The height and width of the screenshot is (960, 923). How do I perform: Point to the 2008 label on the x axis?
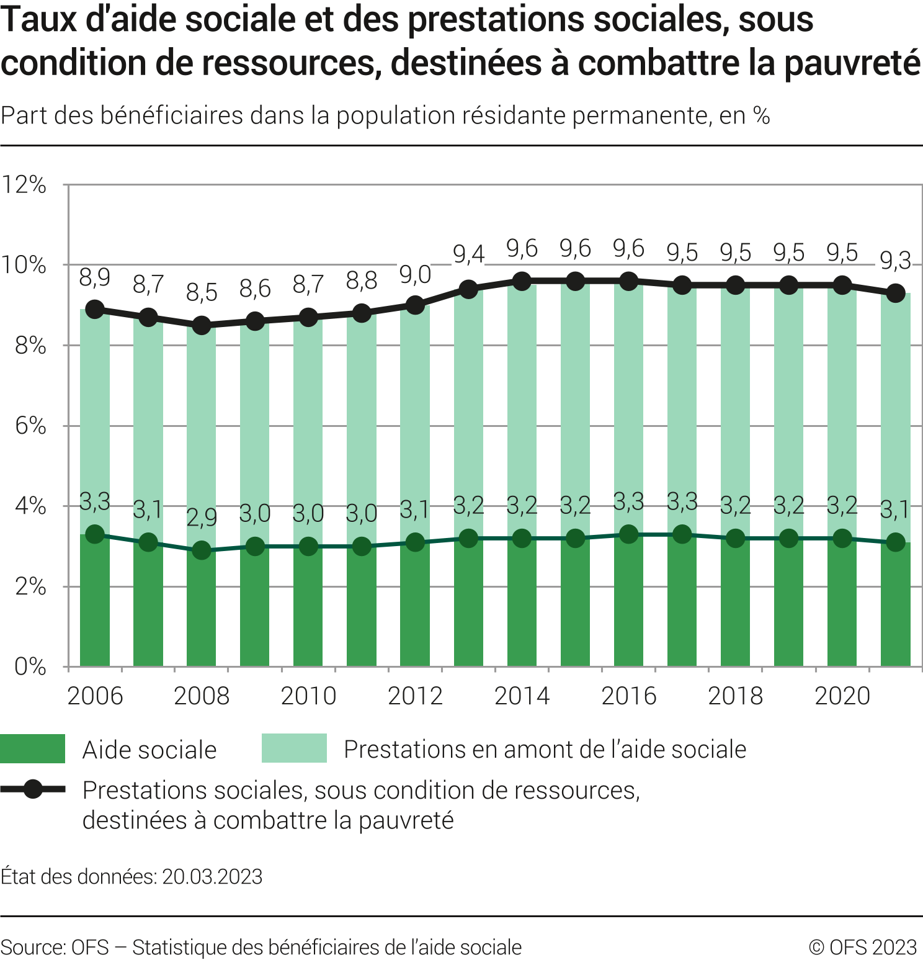[x=202, y=696]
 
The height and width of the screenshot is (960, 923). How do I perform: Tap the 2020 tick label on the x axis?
[x=842, y=696]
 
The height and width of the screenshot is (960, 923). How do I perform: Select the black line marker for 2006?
[x=95, y=309]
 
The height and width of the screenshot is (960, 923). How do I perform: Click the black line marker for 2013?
[x=468, y=289]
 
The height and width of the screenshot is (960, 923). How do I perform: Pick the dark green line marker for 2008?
[x=202, y=550]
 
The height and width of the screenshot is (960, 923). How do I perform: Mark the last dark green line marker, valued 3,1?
[x=895, y=542]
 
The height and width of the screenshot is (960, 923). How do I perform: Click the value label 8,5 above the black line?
[x=202, y=292]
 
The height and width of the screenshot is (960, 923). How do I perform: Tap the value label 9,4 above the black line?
[x=468, y=254]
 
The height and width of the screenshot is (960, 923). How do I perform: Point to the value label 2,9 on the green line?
[x=202, y=517]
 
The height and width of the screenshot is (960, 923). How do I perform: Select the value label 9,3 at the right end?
[x=895, y=261]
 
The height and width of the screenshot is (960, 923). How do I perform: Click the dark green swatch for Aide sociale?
[x=32, y=748]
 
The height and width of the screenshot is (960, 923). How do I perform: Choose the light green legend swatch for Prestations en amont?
[x=294, y=748]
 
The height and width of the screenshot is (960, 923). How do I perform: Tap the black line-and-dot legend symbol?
[x=33, y=789]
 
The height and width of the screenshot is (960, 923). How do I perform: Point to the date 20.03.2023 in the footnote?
[x=212, y=876]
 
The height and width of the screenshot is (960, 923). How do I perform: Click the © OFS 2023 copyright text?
[x=863, y=948]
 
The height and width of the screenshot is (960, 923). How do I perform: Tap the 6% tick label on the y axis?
[x=30, y=426]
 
